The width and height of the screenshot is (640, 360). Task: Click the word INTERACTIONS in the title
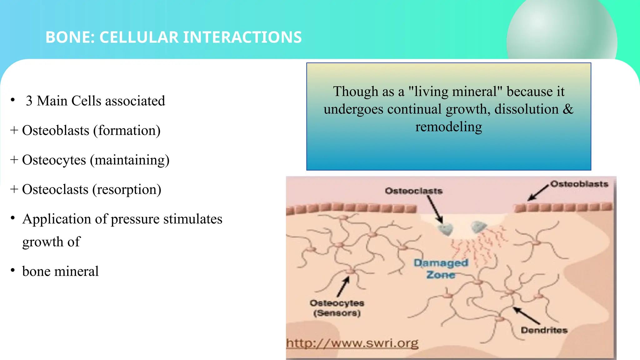(242, 37)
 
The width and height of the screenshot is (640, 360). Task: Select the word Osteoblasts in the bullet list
(56, 130)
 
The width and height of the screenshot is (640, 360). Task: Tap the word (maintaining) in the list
(130, 160)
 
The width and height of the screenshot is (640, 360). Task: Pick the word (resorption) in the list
(127, 189)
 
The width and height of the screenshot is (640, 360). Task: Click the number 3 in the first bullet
(29, 101)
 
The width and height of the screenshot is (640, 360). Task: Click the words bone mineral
(60, 271)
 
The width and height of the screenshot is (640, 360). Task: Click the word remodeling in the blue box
(448, 127)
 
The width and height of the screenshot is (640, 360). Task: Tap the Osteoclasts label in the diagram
(413, 191)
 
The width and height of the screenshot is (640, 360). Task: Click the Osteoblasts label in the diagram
(579, 184)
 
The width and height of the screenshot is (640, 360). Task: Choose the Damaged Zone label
(441, 268)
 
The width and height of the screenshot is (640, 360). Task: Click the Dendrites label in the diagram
(544, 330)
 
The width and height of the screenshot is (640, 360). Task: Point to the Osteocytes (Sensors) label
(337, 308)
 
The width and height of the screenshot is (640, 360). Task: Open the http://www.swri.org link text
(352, 343)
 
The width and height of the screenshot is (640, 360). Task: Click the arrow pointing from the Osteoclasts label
(435, 210)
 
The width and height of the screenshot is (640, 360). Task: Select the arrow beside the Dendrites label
(527, 316)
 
